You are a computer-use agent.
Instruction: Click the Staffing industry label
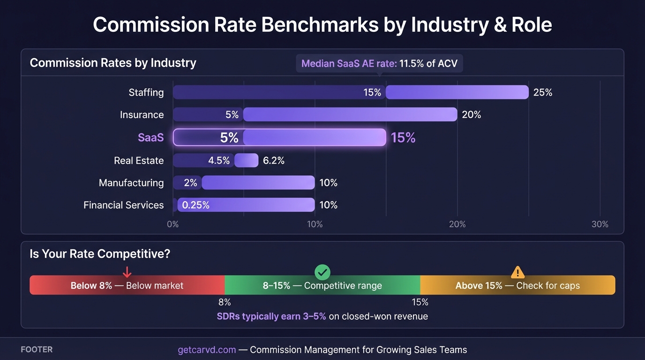(146, 92)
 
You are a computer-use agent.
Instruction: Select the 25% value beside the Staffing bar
(542, 92)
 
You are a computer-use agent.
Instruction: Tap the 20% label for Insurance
(471, 115)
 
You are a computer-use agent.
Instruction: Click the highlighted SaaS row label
(150, 137)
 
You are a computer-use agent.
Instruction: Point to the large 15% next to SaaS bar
(403, 137)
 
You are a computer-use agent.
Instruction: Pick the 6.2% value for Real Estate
(273, 160)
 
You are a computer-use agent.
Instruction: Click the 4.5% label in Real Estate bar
(218, 160)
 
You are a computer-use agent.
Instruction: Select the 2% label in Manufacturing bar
(190, 183)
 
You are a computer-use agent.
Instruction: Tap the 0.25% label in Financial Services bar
(195, 205)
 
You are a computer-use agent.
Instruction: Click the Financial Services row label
(123, 205)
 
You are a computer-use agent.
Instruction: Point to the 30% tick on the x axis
(600, 224)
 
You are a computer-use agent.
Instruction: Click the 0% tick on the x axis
(173, 224)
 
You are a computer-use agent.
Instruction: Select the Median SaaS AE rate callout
(379, 63)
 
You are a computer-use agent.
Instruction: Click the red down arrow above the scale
(127, 272)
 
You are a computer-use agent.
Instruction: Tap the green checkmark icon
(322, 272)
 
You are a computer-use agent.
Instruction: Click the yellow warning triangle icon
(517, 272)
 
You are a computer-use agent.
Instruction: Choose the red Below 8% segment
(127, 285)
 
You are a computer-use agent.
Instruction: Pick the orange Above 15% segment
(517, 285)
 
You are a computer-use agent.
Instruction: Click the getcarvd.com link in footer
(206, 350)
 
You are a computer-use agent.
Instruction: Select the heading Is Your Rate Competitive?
(99, 254)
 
